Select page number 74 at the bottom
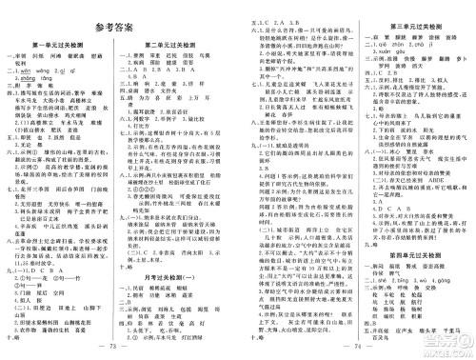point(356,350)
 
